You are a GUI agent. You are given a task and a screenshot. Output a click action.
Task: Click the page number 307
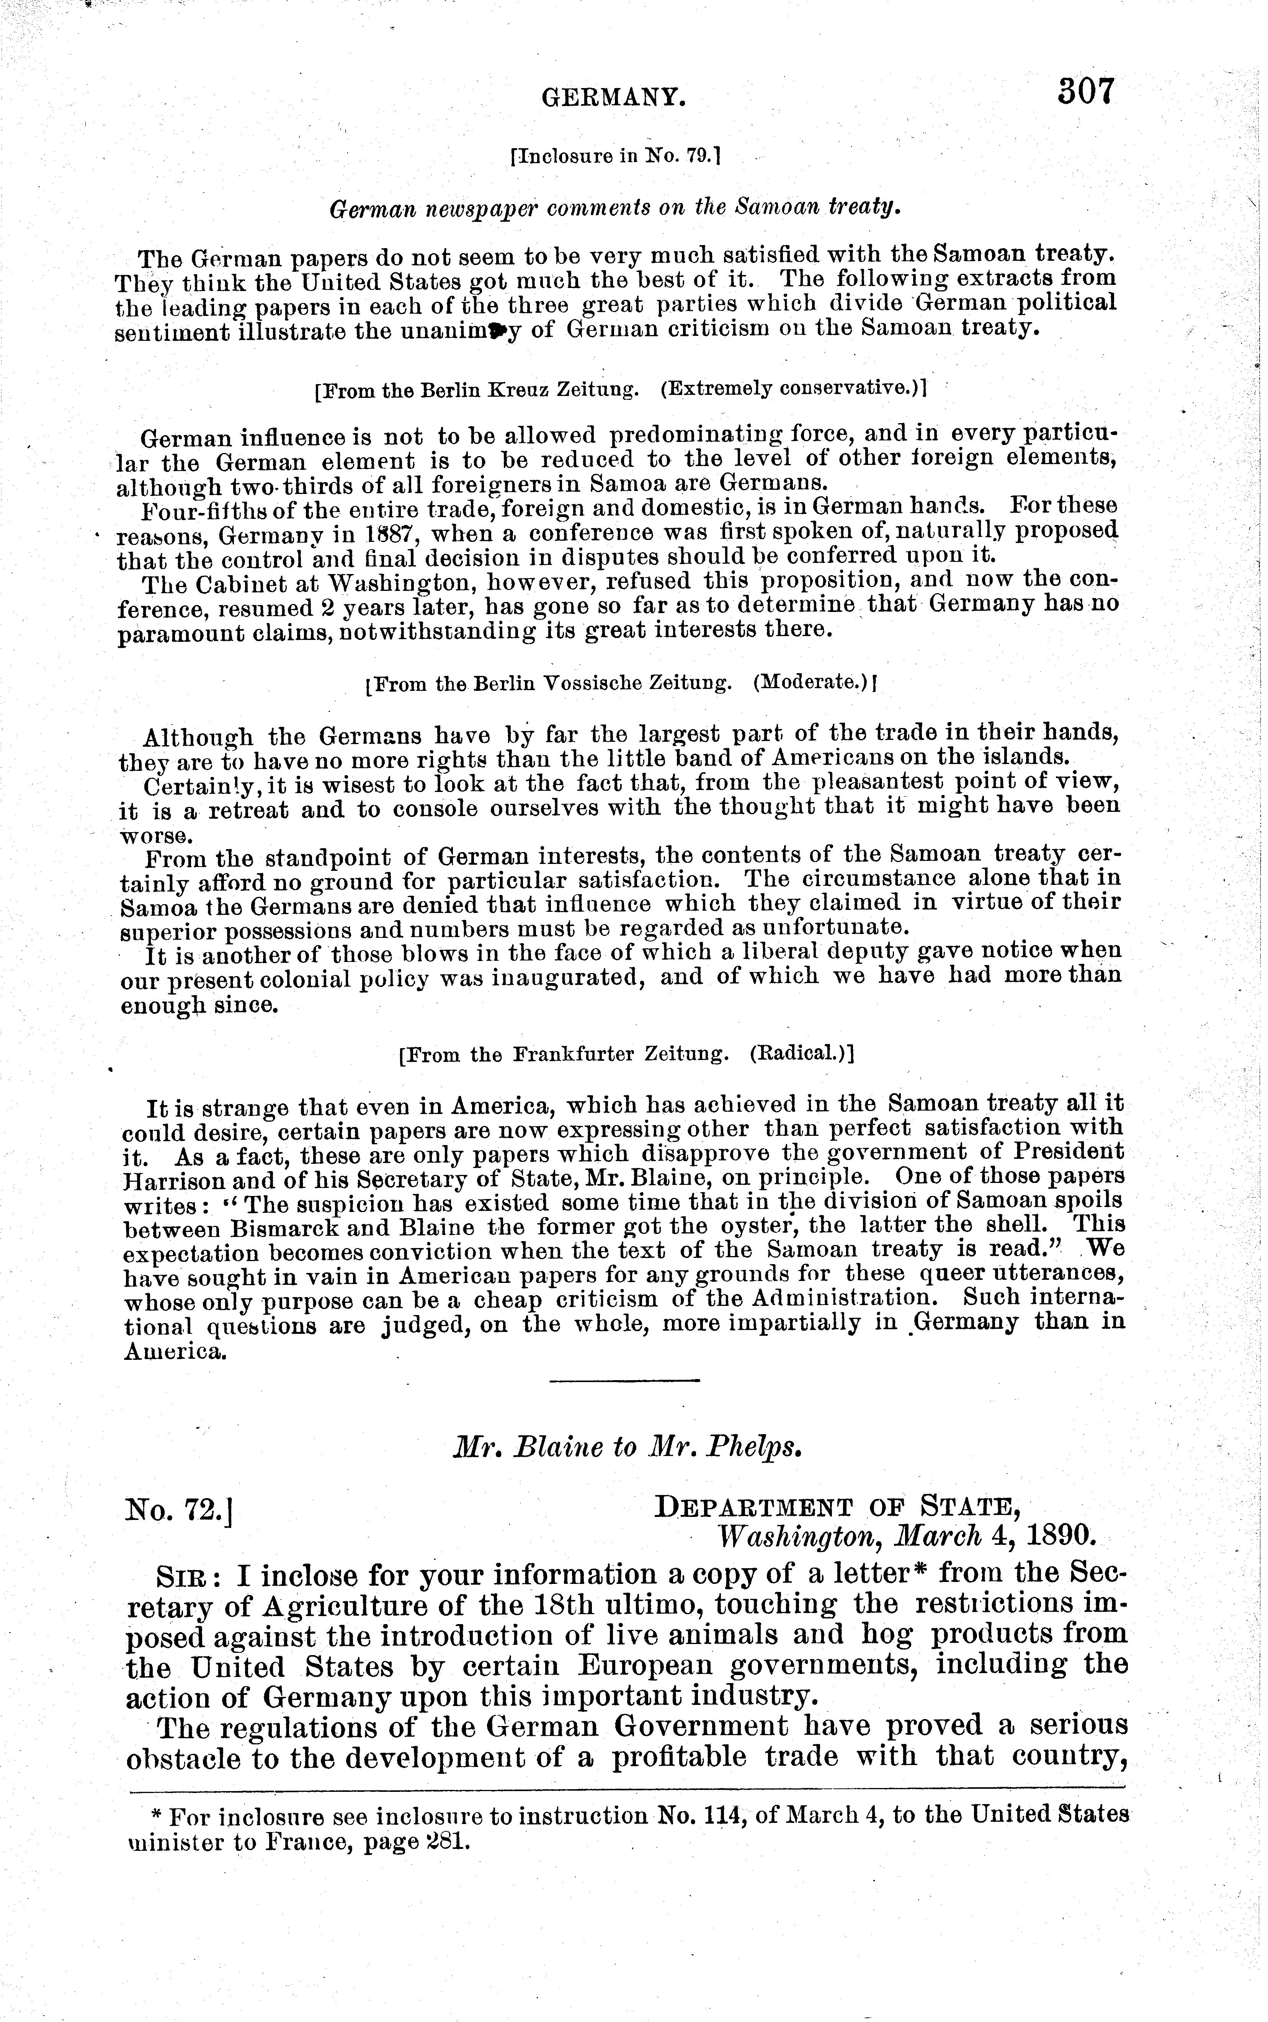coord(1085,91)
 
